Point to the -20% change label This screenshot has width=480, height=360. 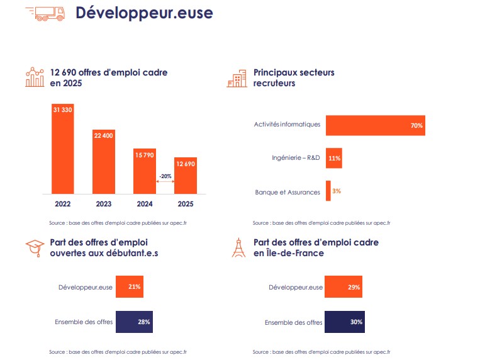[x=165, y=176]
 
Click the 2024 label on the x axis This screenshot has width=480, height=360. [x=145, y=204]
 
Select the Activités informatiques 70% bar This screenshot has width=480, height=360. [x=375, y=125]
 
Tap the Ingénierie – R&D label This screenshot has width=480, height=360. [x=295, y=159]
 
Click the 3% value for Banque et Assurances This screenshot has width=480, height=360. [x=337, y=191]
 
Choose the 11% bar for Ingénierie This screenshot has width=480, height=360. [x=333, y=159]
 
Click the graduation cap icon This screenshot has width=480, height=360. [x=35, y=248]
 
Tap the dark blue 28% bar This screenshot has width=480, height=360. [x=134, y=322]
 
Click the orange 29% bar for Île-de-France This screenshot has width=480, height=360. [x=343, y=287]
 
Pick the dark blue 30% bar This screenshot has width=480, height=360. [x=344, y=322]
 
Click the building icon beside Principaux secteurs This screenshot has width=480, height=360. [x=238, y=78]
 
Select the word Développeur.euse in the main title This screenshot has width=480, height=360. [x=144, y=13]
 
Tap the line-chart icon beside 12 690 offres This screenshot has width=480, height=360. [x=35, y=77]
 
